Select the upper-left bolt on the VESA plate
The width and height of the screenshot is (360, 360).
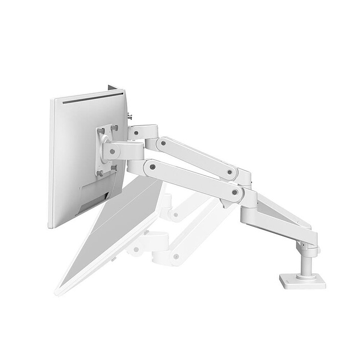tap(101, 131)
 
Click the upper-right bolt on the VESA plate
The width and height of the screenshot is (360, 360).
tap(114, 128)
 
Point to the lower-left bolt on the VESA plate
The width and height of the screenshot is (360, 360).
tap(100, 173)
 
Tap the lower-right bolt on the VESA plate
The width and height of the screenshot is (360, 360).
tap(113, 168)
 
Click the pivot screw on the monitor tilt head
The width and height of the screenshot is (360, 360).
tap(108, 151)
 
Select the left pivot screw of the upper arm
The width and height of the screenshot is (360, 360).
tap(162, 143)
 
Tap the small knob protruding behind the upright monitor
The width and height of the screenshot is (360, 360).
tap(129, 117)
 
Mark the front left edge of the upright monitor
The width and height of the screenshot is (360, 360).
tap(51, 163)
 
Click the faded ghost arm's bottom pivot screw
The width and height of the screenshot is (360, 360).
tap(176, 256)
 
